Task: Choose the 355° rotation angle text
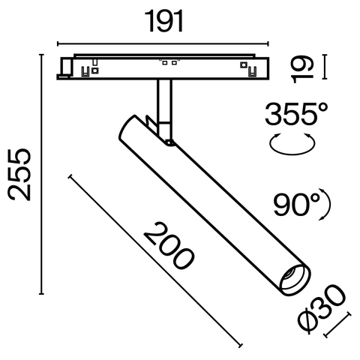click(297, 116)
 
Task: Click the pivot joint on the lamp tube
click(170, 140)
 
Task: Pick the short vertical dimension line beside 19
click(324, 66)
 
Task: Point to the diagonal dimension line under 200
click(155, 262)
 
